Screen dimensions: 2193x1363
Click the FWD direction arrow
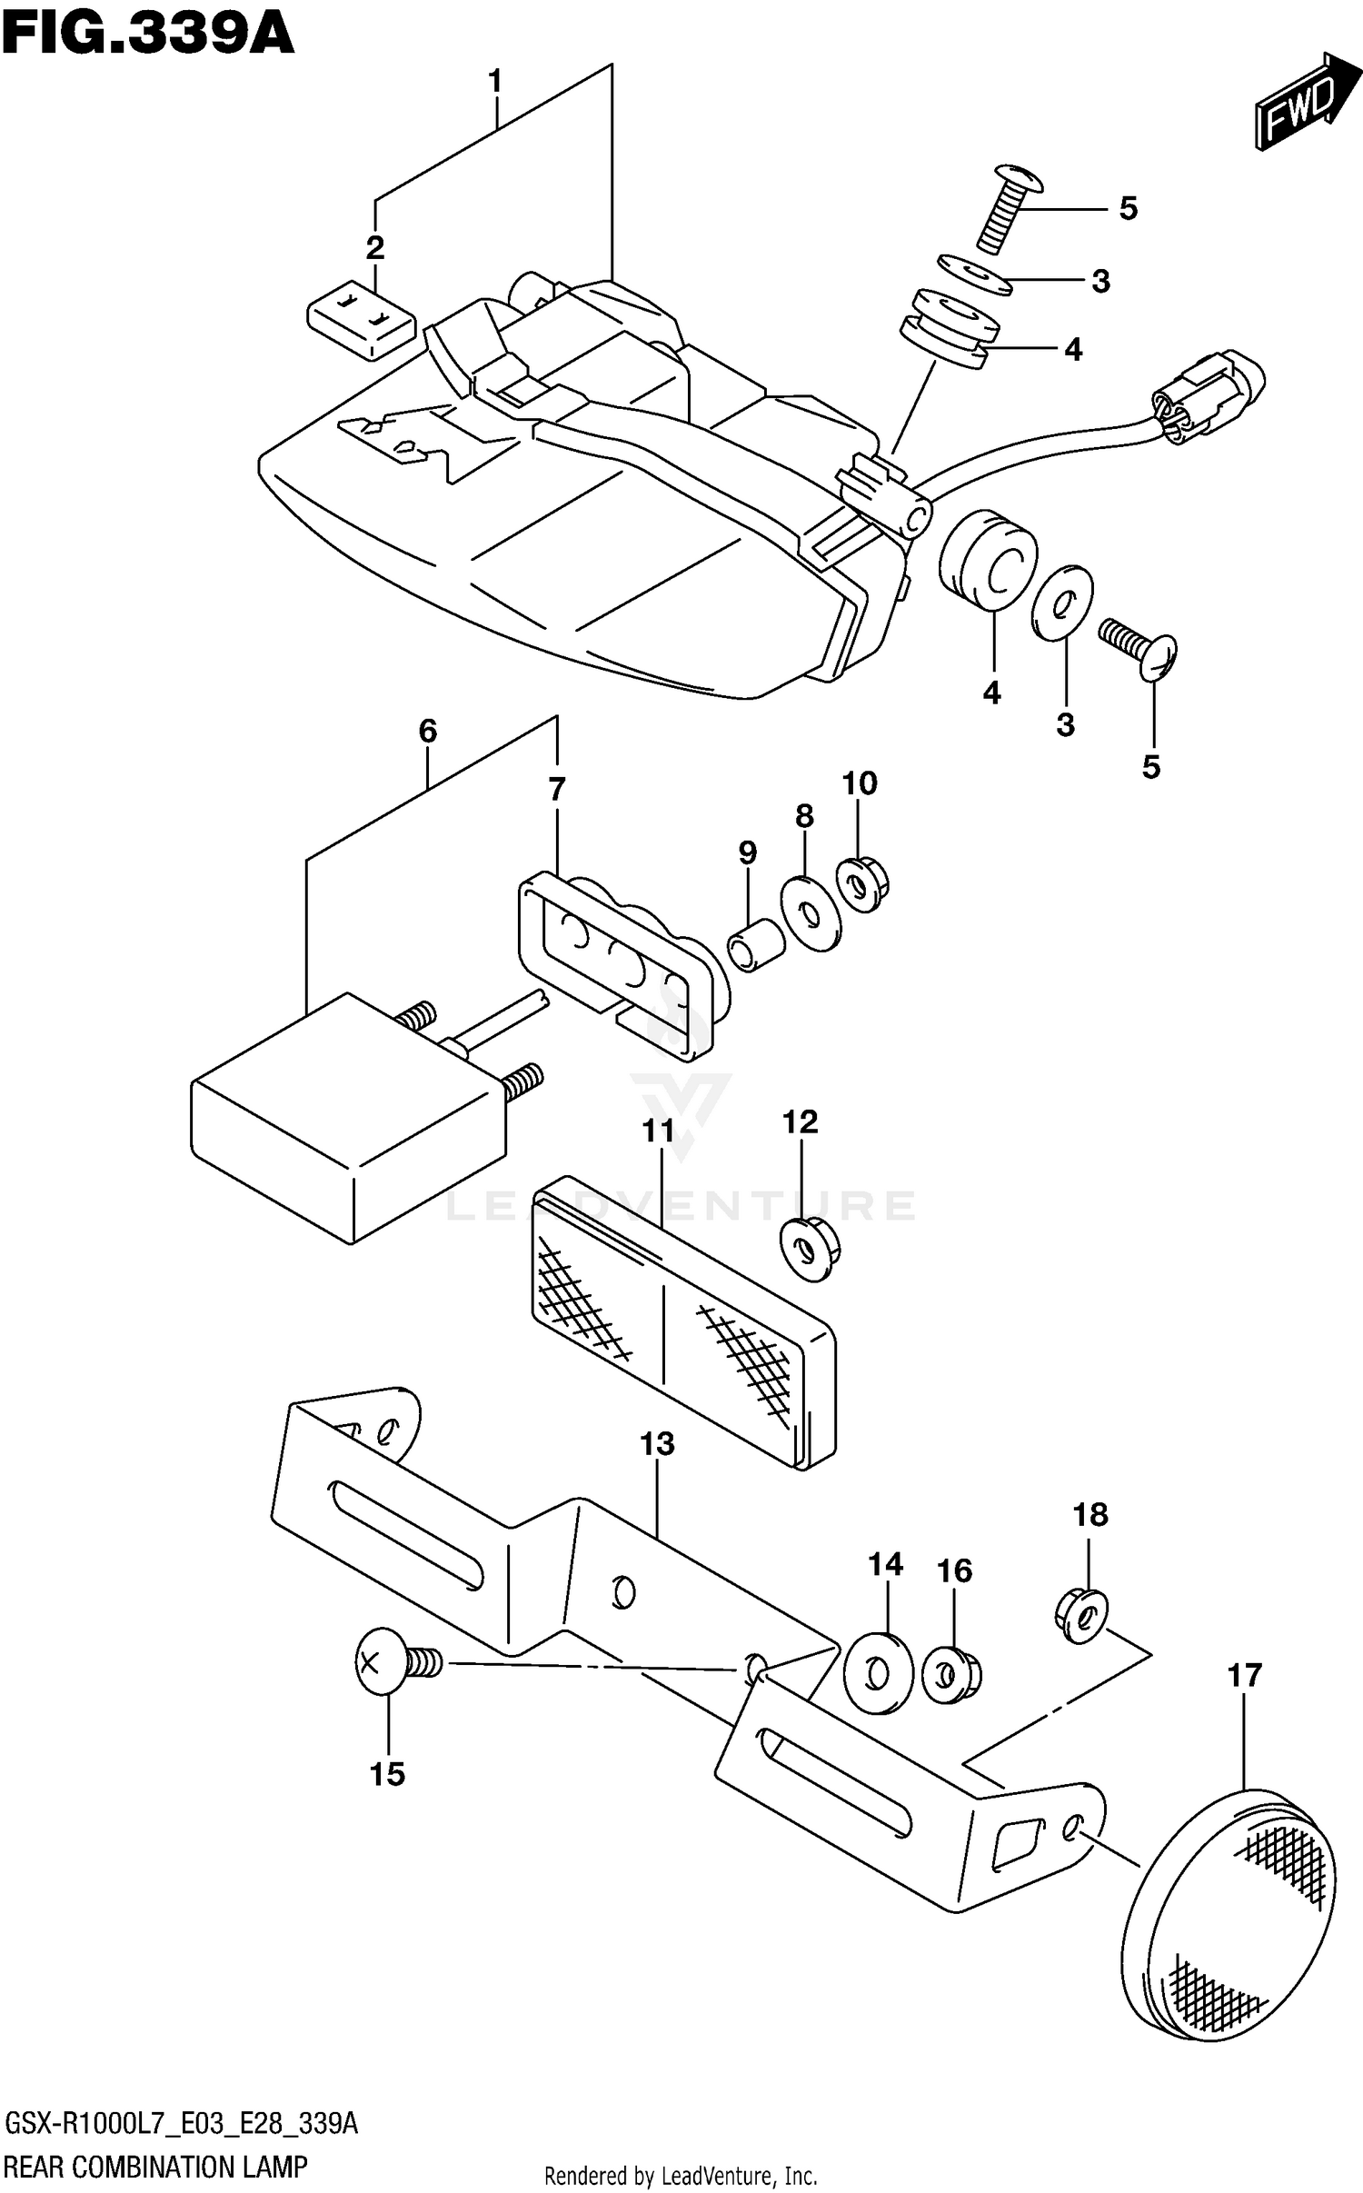point(1297,110)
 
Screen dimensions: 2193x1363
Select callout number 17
point(1244,1674)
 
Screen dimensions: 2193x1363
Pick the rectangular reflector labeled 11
point(681,1322)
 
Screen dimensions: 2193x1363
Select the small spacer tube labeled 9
point(754,945)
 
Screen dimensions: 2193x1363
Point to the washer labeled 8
point(811,913)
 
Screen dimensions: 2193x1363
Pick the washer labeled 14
point(876,1674)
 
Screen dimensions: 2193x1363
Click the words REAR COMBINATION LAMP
point(155,2167)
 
